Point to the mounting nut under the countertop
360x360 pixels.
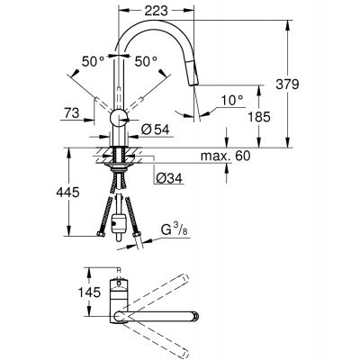click(x=116, y=166)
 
